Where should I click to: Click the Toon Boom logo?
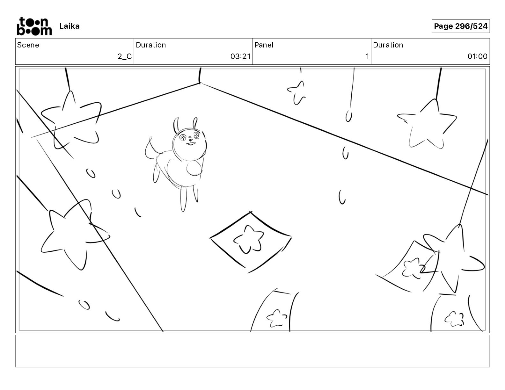(34, 26)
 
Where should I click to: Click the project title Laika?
(69, 26)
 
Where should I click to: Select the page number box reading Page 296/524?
(460, 26)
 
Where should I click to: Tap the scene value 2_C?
(124, 57)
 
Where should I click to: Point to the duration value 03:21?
(240, 57)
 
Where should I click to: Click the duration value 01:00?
(477, 57)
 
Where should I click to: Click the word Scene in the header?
(28, 45)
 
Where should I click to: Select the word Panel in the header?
(264, 45)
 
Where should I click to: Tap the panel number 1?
(367, 57)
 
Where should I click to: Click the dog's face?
(189, 140)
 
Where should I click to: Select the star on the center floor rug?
(249, 239)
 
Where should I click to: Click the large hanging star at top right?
(427, 126)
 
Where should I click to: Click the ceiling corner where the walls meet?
(200, 83)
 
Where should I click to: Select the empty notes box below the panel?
(252, 351)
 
